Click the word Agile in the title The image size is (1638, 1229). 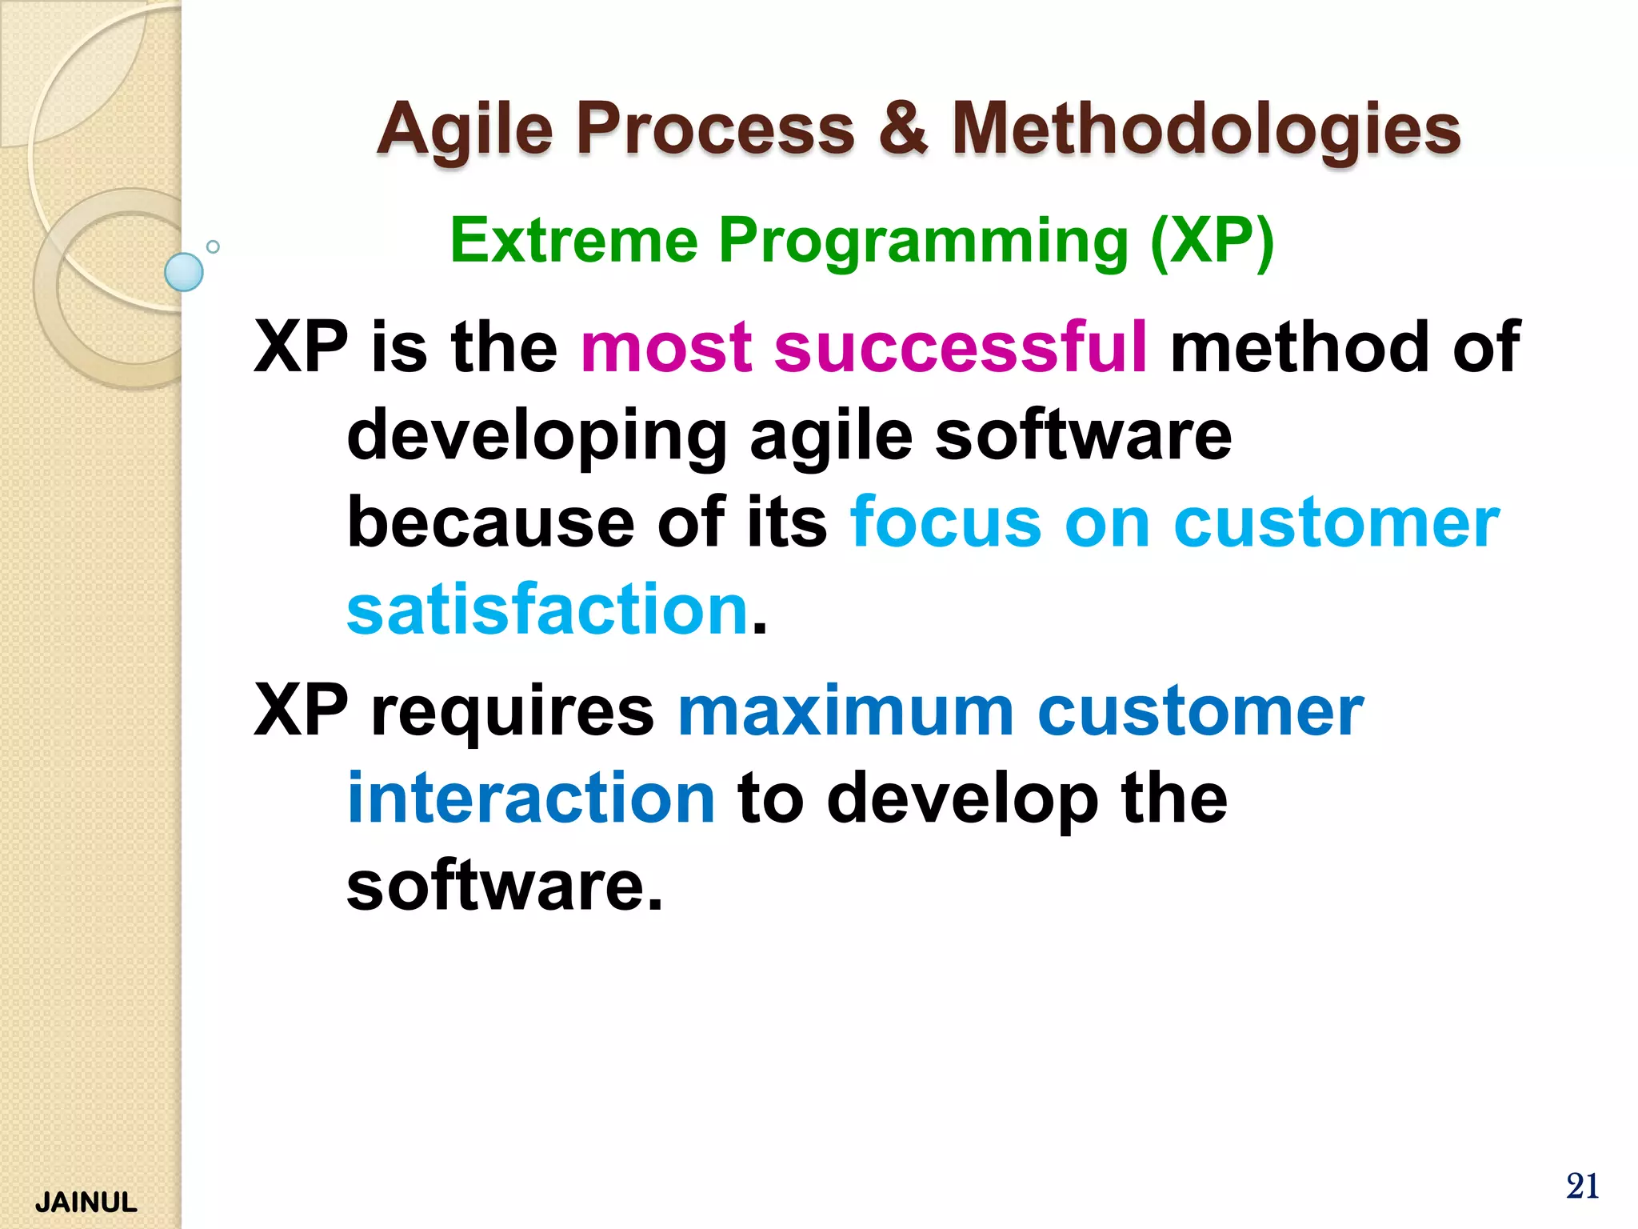[465, 130]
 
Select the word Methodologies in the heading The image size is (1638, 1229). [1206, 130]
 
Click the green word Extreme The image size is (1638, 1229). [573, 240]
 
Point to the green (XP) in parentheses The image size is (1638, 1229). [1211, 240]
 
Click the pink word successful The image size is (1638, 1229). [961, 346]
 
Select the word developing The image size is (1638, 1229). [537, 436]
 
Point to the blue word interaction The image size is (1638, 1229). [531, 798]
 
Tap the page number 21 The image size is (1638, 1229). [1582, 1186]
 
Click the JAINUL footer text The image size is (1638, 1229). [86, 1203]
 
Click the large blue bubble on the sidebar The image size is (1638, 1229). [184, 272]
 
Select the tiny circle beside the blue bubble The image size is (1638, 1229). [213, 246]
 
